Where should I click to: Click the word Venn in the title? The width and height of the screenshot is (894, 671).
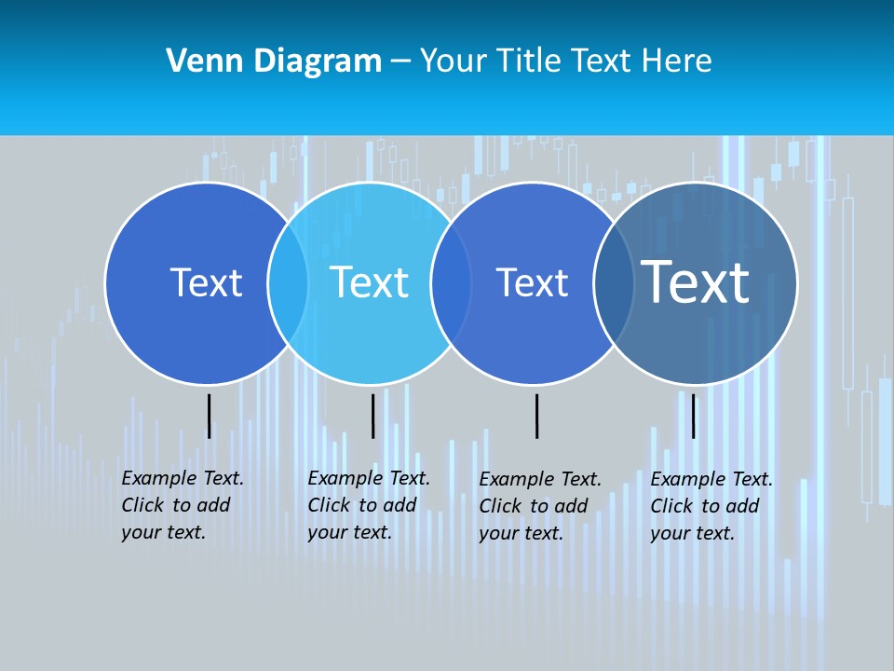pyautogui.click(x=196, y=62)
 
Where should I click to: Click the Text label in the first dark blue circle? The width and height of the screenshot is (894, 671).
pyautogui.click(x=206, y=282)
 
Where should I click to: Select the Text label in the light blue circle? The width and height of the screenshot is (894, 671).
pyautogui.click(x=369, y=282)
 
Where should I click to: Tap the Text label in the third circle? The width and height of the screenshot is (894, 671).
pyautogui.click(x=532, y=282)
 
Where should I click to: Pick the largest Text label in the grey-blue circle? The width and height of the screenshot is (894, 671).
pyautogui.click(x=696, y=281)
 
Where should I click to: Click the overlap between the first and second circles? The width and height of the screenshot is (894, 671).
pyautogui.click(x=288, y=282)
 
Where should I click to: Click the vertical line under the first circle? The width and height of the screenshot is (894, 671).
pyautogui.click(x=209, y=416)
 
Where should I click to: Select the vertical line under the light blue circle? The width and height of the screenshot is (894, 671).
pyautogui.click(x=372, y=416)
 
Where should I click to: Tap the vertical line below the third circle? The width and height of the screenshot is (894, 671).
pyautogui.click(x=536, y=416)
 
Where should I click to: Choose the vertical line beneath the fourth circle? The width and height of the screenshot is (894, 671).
pyautogui.click(x=693, y=416)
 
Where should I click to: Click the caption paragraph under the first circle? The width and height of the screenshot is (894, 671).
pyautogui.click(x=183, y=505)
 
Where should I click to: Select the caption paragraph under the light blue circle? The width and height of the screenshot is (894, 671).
pyautogui.click(x=369, y=505)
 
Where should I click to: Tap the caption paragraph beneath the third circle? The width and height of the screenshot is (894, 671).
pyautogui.click(x=540, y=506)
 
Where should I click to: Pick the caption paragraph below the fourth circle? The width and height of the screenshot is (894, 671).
pyautogui.click(x=711, y=506)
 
